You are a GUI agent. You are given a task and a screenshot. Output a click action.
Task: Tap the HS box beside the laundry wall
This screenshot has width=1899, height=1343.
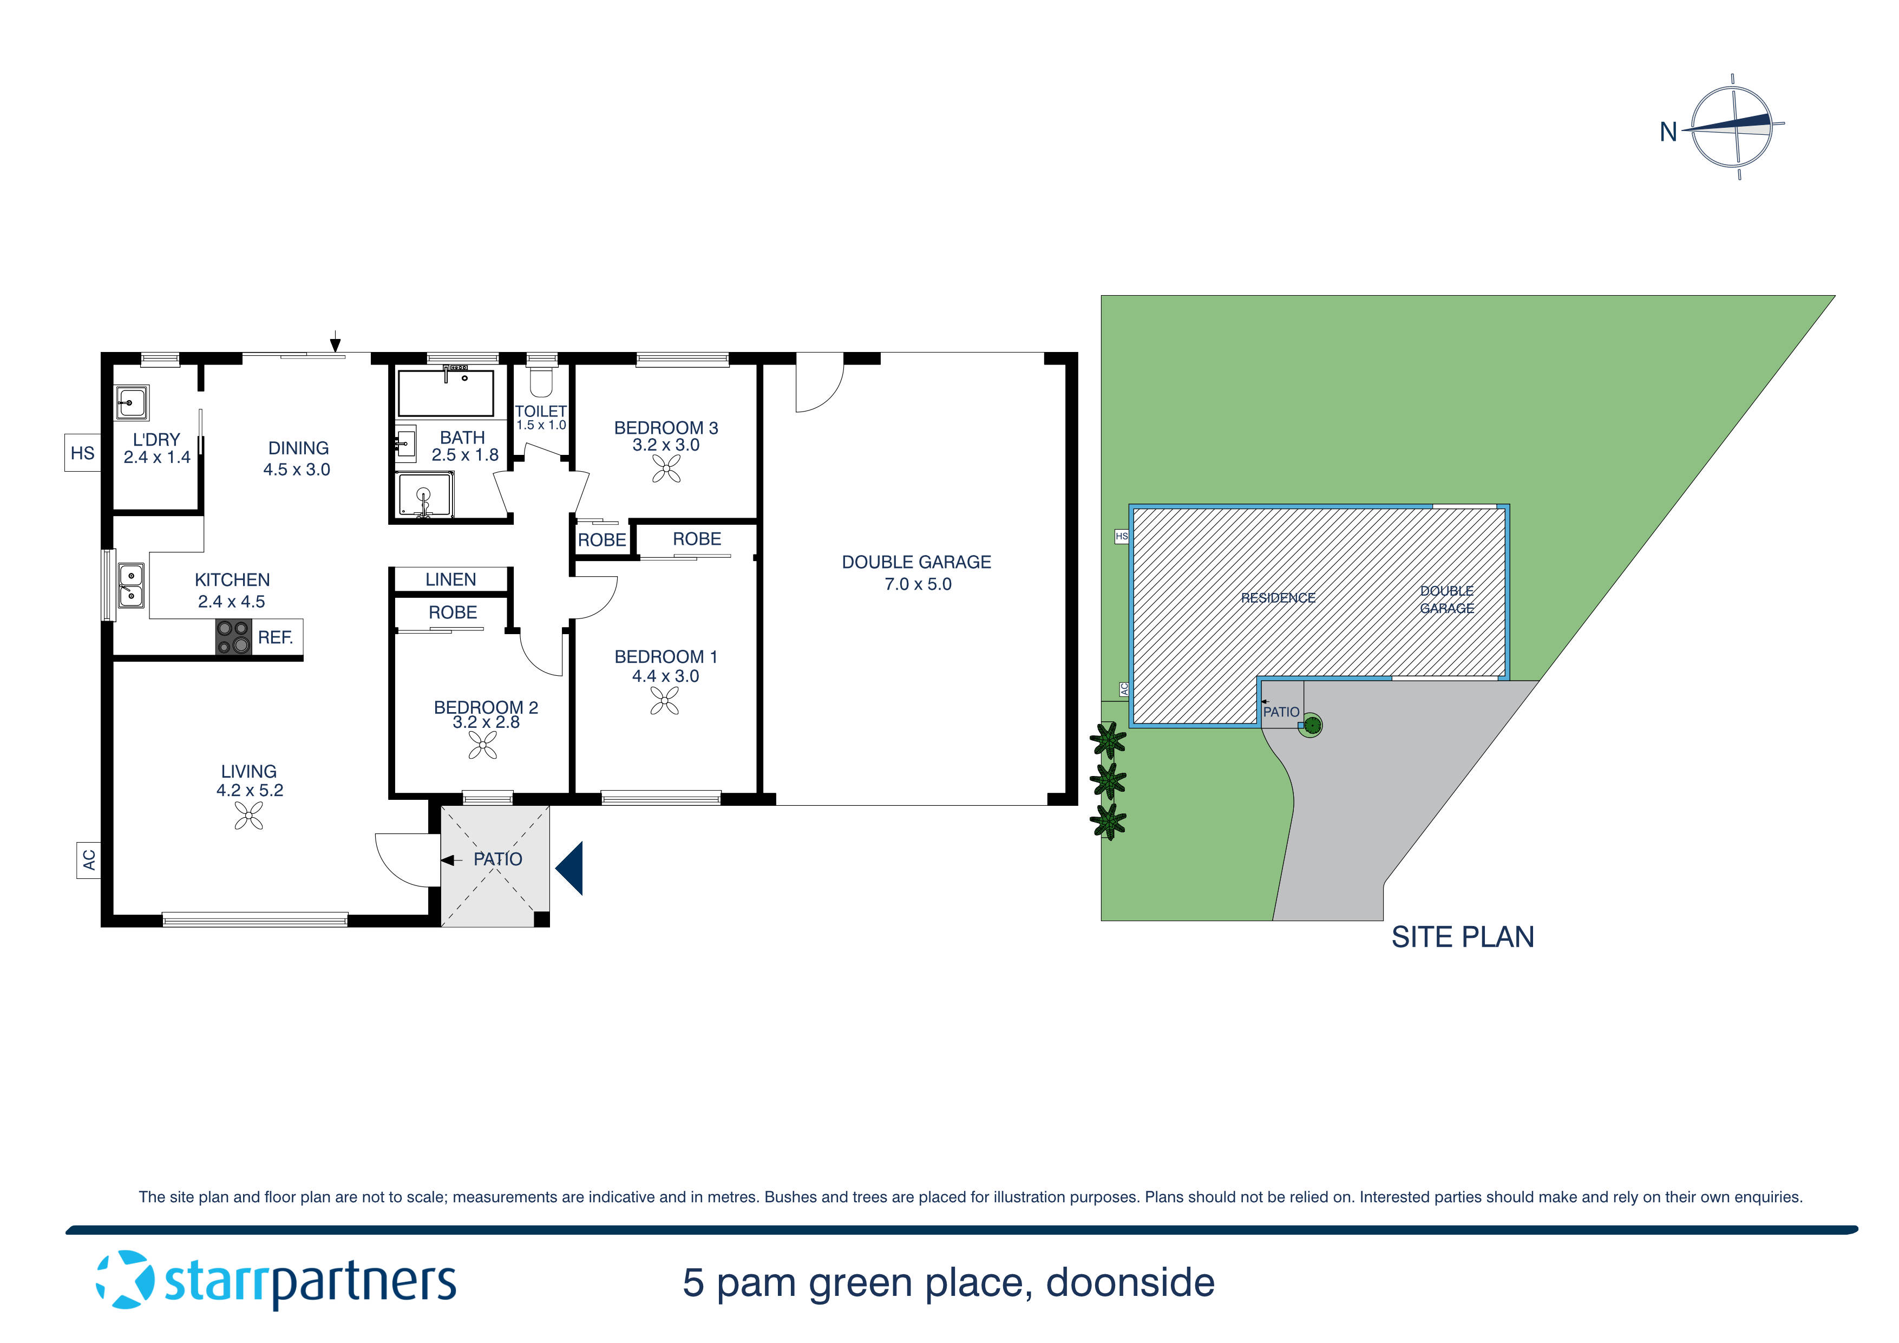point(83,453)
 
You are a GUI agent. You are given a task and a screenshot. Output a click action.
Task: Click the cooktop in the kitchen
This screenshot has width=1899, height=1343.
point(233,637)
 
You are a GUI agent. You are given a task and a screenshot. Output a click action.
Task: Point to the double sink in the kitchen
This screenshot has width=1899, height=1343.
point(130,584)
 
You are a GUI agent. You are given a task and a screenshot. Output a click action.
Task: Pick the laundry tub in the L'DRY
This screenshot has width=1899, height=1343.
point(132,403)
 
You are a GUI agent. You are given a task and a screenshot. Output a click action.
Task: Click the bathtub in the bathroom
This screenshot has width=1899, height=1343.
point(446,393)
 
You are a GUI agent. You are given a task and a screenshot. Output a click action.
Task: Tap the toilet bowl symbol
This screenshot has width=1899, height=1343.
point(542,382)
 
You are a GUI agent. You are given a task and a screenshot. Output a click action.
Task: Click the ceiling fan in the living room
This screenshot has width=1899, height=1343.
point(248,818)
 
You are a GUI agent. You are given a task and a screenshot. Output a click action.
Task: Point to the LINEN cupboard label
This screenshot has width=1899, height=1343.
point(451,580)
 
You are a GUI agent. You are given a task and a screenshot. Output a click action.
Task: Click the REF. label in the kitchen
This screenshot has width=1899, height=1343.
point(276,638)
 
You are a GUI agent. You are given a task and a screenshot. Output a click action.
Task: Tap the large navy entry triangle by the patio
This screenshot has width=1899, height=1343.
point(571,868)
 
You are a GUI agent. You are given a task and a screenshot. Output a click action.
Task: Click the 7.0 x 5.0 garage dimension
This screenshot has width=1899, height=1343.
point(918,584)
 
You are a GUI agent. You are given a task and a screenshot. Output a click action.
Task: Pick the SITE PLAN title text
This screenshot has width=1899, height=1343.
point(1462,937)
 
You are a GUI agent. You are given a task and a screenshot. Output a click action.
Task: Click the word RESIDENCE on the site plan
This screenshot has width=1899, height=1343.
point(1278,597)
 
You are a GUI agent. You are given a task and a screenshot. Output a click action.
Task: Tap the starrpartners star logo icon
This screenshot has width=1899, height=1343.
point(125,1280)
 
